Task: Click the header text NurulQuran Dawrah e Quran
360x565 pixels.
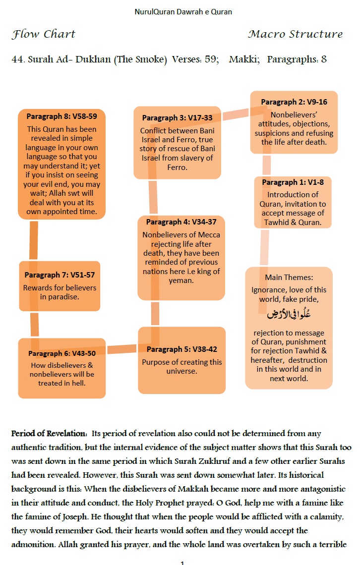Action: (183, 11)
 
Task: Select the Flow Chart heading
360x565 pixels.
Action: (44, 34)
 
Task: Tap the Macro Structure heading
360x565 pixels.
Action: (295, 34)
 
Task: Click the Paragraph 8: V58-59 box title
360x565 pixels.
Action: (61, 117)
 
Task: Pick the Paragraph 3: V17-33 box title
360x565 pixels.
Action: (177, 118)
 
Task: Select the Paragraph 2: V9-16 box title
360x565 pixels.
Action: (294, 102)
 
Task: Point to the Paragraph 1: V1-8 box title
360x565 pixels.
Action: (293, 182)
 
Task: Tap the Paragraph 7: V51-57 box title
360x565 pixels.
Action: (60, 275)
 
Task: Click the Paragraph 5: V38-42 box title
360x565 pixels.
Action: (181, 349)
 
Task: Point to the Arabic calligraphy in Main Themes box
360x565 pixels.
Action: (289, 314)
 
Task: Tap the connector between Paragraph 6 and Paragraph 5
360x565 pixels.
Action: (122, 349)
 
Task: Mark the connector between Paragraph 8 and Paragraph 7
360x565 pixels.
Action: (34, 240)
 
